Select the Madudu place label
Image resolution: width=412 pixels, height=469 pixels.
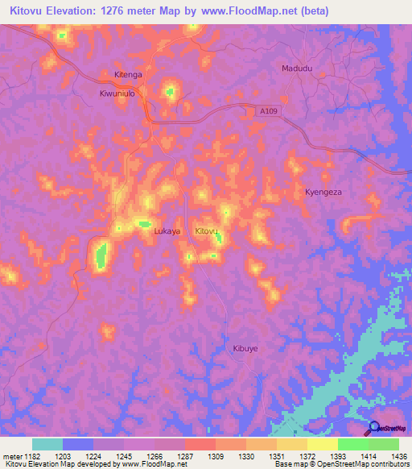point(296,68)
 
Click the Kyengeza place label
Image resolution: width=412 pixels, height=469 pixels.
point(323,193)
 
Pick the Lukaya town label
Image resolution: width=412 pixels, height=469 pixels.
point(167,231)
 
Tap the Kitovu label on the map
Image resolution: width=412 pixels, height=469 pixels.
point(208,231)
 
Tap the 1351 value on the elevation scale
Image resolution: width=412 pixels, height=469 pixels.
point(278,456)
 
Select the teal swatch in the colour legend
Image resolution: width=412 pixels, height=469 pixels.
point(47,444)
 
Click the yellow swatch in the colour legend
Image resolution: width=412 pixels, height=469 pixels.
point(322,444)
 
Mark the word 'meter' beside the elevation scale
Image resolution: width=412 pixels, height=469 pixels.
point(11,456)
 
